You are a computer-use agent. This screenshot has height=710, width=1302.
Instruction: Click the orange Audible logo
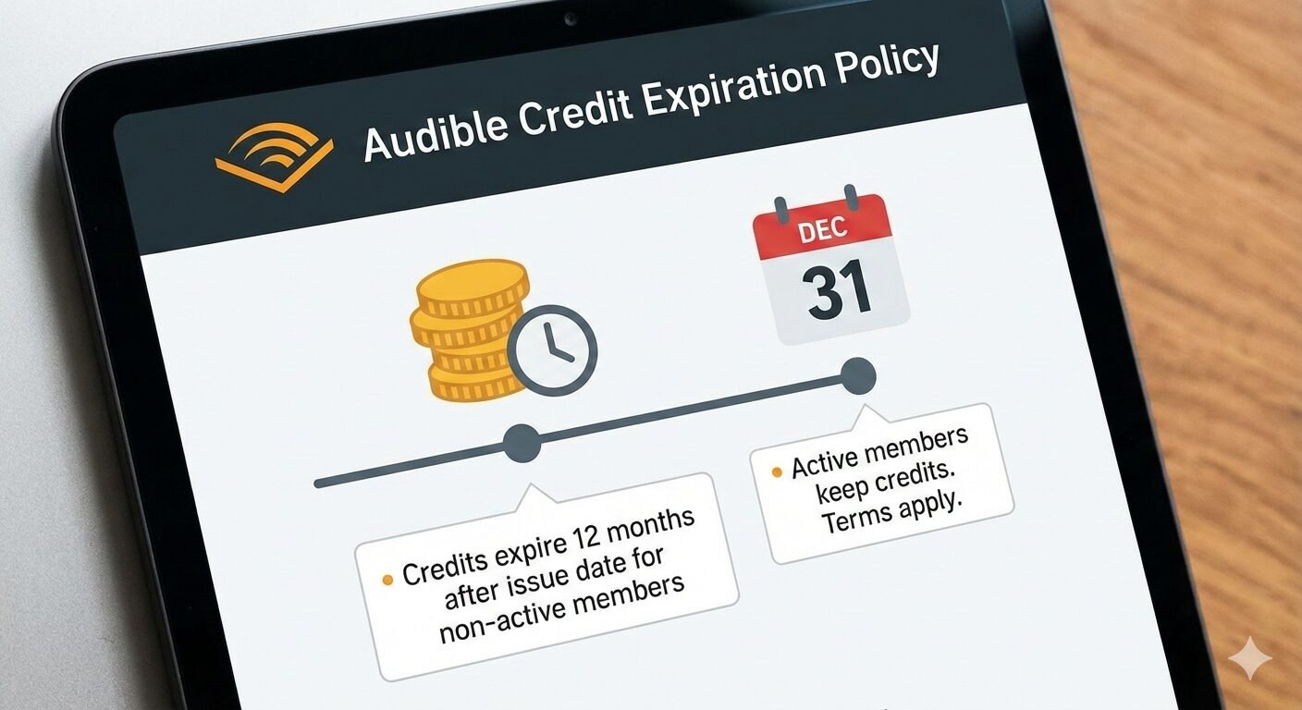click(x=273, y=159)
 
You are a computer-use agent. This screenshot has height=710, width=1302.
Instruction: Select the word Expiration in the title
click(x=731, y=89)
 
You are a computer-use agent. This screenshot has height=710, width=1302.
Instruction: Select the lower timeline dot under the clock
click(x=522, y=443)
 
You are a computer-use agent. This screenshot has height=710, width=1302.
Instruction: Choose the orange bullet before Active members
click(x=776, y=472)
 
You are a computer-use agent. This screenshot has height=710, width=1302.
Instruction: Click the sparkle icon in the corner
click(x=1249, y=658)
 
